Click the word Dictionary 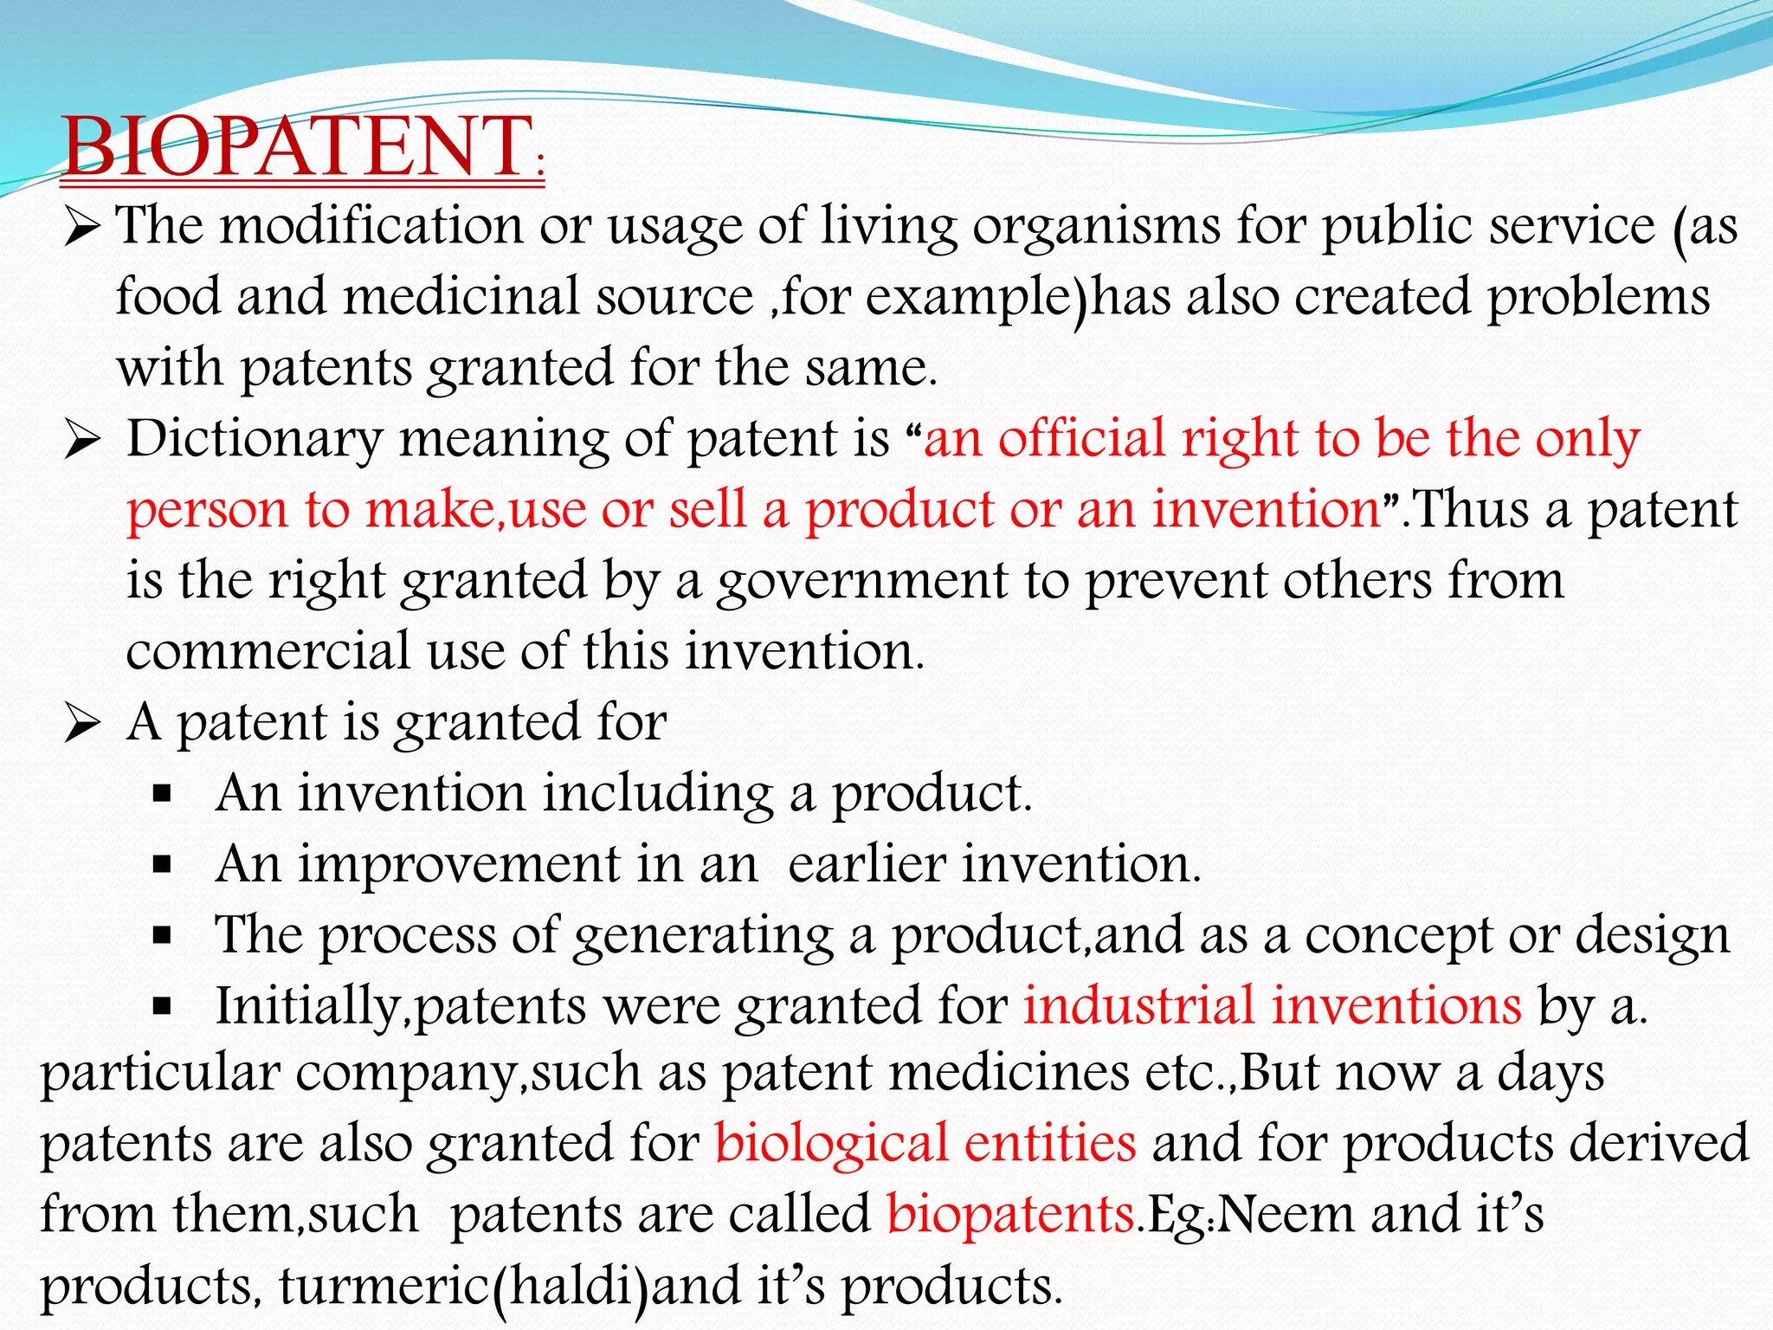point(255,439)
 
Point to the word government point(862,581)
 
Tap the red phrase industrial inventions point(1272,1006)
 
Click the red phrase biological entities point(925,1143)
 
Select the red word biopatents point(1010,1214)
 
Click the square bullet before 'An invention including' point(162,794)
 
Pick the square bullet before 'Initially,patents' point(162,1007)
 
